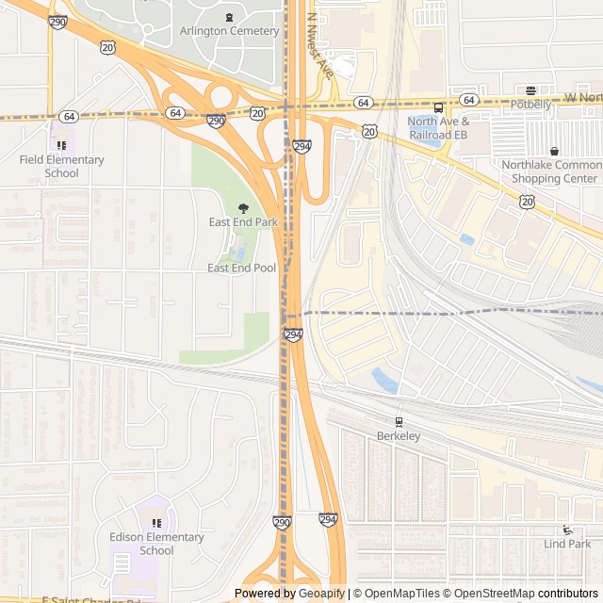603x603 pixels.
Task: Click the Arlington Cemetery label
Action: pyautogui.click(x=229, y=31)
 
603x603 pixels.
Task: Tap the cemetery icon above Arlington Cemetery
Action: pyautogui.click(x=229, y=17)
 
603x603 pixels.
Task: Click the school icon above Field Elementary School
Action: pyautogui.click(x=61, y=145)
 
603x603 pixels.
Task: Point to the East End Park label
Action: pyautogui.click(x=243, y=222)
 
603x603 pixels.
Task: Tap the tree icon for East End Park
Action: pyautogui.click(x=243, y=207)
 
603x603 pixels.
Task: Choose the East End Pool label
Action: pyautogui.click(x=241, y=269)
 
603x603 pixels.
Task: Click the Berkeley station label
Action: pyautogui.click(x=399, y=436)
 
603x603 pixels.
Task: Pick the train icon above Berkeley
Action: pyautogui.click(x=399, y=421)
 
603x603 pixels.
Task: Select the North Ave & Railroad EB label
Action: pyautogui.click(x=438, y=128)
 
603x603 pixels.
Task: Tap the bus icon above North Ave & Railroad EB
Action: pyautogui.click(x=438, y=107)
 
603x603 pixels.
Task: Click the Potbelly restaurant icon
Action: pyautogui.click(x=530, y=90)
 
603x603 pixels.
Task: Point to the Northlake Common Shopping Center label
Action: pyautogui.click(x=551, y=171)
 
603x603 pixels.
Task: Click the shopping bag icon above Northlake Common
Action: pyautogui.click(x=554, y=151)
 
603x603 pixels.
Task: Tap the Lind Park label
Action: pyautogui.click(x=567, y=544)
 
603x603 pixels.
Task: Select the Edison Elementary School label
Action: pyautogui.click(x=156, y=544)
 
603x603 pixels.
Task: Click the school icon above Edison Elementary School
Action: pyautogui.click(x=156, y=523)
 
